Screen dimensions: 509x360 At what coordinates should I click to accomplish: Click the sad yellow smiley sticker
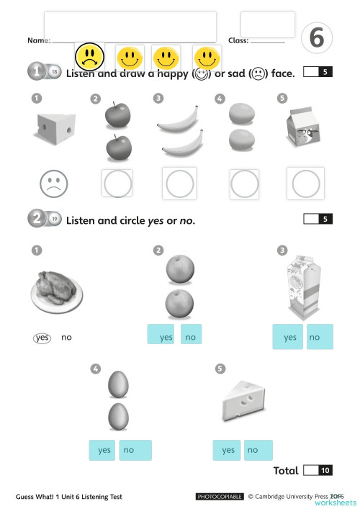(x=89, y=55)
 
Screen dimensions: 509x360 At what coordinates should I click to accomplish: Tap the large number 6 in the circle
(x=316, y=39)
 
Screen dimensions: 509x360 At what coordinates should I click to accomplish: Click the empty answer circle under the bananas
(x=180, y=184)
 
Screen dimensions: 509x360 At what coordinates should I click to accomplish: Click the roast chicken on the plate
(x=56, y=289)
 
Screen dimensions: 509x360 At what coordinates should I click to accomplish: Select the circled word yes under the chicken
(x=42, y=337)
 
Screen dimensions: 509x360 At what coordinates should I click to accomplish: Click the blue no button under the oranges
(x=191, y=335)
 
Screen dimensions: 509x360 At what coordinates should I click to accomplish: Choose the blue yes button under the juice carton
(x=289, y=337)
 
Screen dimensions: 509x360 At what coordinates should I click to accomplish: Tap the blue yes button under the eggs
(x=104, y=450)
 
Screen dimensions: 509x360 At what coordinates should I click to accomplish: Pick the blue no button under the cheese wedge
(x=257, y=450)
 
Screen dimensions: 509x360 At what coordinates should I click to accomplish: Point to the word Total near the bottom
(x=286, y=471)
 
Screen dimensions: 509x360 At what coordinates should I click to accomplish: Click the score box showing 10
(x=317, y=471)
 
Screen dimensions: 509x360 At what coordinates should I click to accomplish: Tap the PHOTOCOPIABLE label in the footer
(x=220, y=497)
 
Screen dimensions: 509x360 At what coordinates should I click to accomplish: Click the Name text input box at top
(x=130, y=27)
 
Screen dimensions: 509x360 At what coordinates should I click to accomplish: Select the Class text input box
(x=267, y=24)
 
